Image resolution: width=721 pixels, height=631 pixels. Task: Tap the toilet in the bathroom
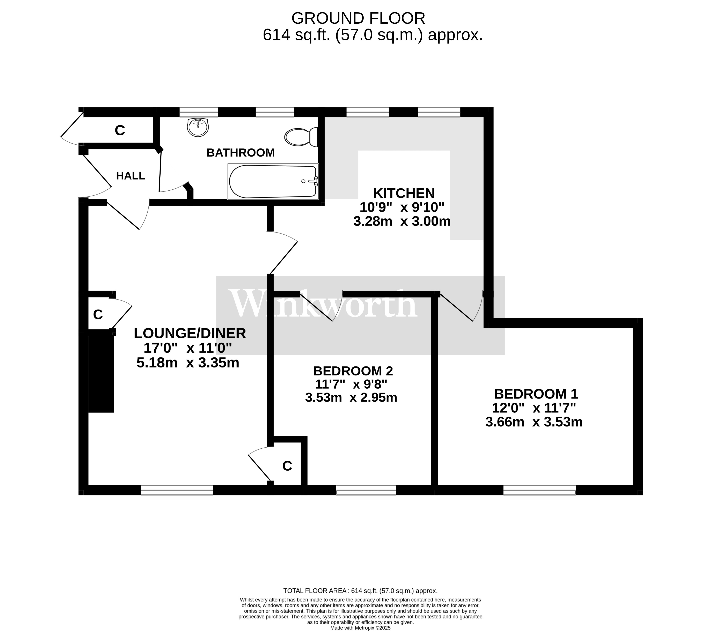click(x=301, y=137)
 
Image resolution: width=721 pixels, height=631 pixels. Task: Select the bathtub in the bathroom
click(x=273, y=181)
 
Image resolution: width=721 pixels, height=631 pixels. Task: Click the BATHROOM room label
click(x=240, y=152)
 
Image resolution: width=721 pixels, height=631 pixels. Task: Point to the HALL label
click(x=130, y=176)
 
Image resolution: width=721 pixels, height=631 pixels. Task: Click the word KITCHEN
click(x=404, y=193)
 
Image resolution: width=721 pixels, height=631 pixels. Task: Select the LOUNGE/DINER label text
click(x=190, y=333)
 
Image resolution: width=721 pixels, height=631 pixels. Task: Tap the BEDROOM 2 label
click(x=353, y=371)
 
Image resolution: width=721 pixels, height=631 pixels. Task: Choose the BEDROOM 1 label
click(x=536, y=393)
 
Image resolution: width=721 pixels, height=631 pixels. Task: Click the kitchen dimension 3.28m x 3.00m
click(x=402, y=221)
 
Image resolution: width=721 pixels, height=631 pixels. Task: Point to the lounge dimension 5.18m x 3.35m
click(x=188, y=363)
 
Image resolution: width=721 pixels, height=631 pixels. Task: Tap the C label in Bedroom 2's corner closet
click(x=287, y=466)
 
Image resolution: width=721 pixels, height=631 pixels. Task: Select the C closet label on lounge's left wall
click(x=98, y=314)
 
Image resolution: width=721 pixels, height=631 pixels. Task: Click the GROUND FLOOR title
click(x=358, y=18)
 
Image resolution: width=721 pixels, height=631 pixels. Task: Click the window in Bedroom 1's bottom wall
click(x=539, y=490)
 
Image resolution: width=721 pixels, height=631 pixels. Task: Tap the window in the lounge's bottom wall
click(x=177, y=490)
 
